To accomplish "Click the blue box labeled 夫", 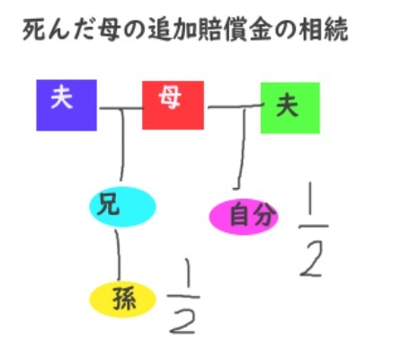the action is click(67, 105).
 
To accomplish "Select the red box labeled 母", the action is click(173, 105).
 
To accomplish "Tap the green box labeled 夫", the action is click(290, 108).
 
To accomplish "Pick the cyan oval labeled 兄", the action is click(122, 207).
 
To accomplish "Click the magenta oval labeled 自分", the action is click(244, 217).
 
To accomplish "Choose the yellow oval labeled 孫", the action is click(122, 300).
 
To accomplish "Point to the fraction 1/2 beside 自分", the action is click(313, 229).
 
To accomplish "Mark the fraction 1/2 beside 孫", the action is click(183, 296).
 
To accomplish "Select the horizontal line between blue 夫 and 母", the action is click(121, 108).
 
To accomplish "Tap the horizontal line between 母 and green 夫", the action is click(237, 106).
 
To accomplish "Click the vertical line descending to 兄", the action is click(122, 145).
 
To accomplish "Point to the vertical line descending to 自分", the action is click(242, 149).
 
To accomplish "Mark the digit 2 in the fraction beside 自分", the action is click(312, 259).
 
